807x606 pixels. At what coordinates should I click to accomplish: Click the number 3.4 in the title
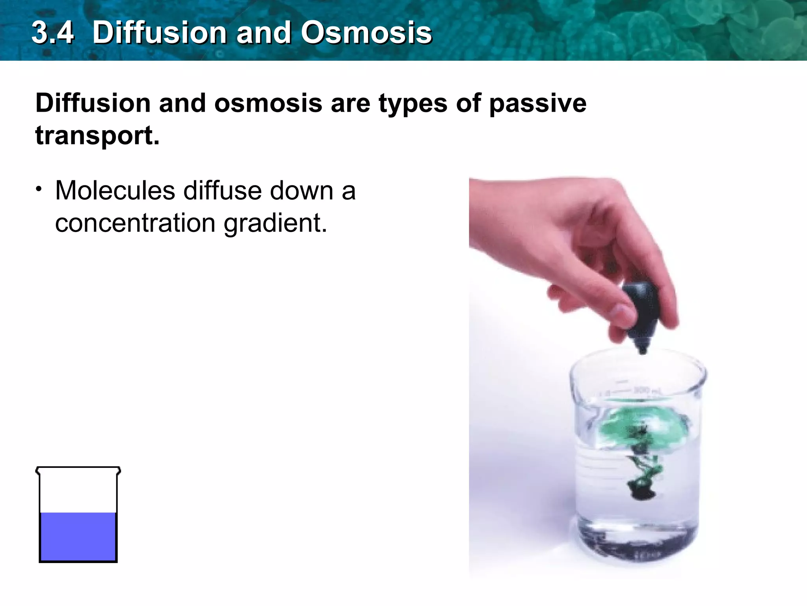(53, 32)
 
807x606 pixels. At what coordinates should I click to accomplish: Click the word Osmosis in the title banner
(366, 32)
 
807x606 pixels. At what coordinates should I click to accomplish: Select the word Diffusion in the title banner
(159, 32)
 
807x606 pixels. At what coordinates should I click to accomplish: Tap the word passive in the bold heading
(537, 103)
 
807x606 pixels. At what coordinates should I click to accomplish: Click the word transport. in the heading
(97, 135)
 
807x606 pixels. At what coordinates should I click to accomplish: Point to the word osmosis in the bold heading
(268, 103)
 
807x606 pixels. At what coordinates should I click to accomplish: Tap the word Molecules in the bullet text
(115, 191)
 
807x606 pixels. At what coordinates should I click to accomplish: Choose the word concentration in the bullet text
(135, 223)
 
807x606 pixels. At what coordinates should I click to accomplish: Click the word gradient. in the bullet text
(275, 224)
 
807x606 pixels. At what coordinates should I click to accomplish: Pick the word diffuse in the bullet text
(223, 191)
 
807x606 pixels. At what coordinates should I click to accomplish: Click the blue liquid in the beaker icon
(78, 537)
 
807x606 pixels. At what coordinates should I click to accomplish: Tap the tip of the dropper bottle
(642, 350)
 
